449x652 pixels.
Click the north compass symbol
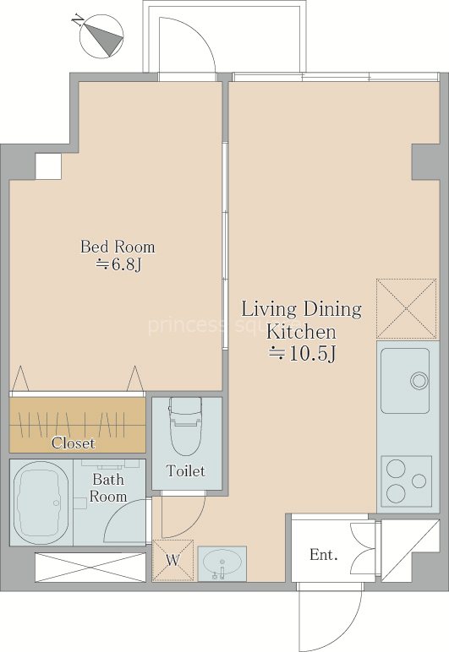pos(101,35)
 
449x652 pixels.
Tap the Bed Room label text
pos(118,247)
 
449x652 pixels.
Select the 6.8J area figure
pos(119,264)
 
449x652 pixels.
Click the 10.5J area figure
pos(302,354)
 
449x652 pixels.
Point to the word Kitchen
pos(301,332)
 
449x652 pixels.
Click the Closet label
pos(74,443)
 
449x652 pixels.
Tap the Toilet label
pos(185,470)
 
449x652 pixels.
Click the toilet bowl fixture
pos(185,426)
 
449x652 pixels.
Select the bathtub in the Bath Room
pos(41,503)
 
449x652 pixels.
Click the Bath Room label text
pos(108,488)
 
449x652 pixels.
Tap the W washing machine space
pos(173,560)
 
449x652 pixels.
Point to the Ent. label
pos(324,554)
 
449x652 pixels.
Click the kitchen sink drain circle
pos(419,380)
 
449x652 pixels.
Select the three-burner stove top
pos(407,481)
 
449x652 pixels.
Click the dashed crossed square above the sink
pos(407,308)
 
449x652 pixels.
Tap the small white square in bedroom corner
pos(48,166)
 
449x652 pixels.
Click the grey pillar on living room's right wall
pos(426,163)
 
